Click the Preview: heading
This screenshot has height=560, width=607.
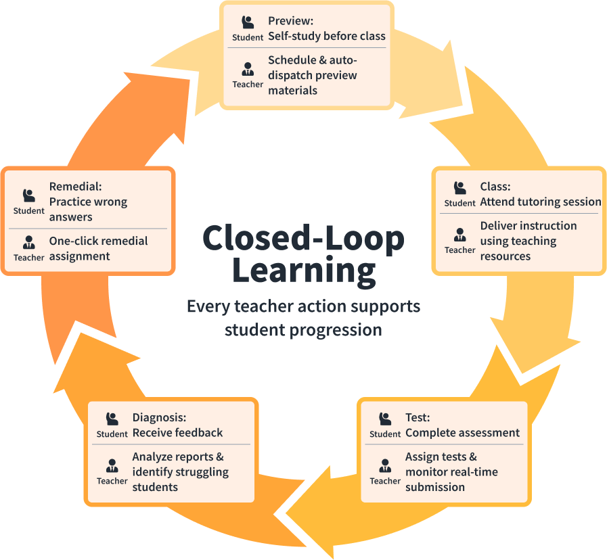click(x=290, y=21)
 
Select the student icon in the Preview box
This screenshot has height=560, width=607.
click(x=248, y=22)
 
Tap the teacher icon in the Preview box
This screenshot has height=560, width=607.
click(x=248, y=68)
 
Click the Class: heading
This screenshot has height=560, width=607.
click(x=495, y=187)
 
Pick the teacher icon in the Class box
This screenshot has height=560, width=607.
click(x=460, y=234)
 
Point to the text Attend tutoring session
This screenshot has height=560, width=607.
click(x=540, y=202)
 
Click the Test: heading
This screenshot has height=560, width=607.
click(x=418, y=418)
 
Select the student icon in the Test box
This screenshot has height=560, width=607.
click(x=385, y=419)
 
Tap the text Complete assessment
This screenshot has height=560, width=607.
click(x=462, y=433)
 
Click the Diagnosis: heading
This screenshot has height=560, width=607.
click(x=159, y=418)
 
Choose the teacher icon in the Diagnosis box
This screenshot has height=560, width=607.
click(x=112, y=465)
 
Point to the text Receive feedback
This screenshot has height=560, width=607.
click(x=177, y=433)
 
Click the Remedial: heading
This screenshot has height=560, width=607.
click(x=75, y=186)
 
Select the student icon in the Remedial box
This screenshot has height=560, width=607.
click(x=29, y=195)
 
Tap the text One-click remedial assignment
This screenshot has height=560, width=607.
click(x=98, y=248)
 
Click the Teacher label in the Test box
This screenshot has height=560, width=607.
click(x=385, y=481)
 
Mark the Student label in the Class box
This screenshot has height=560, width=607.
click(x=460, y=203)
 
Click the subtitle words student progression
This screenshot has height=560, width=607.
click(x=303, y=330)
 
